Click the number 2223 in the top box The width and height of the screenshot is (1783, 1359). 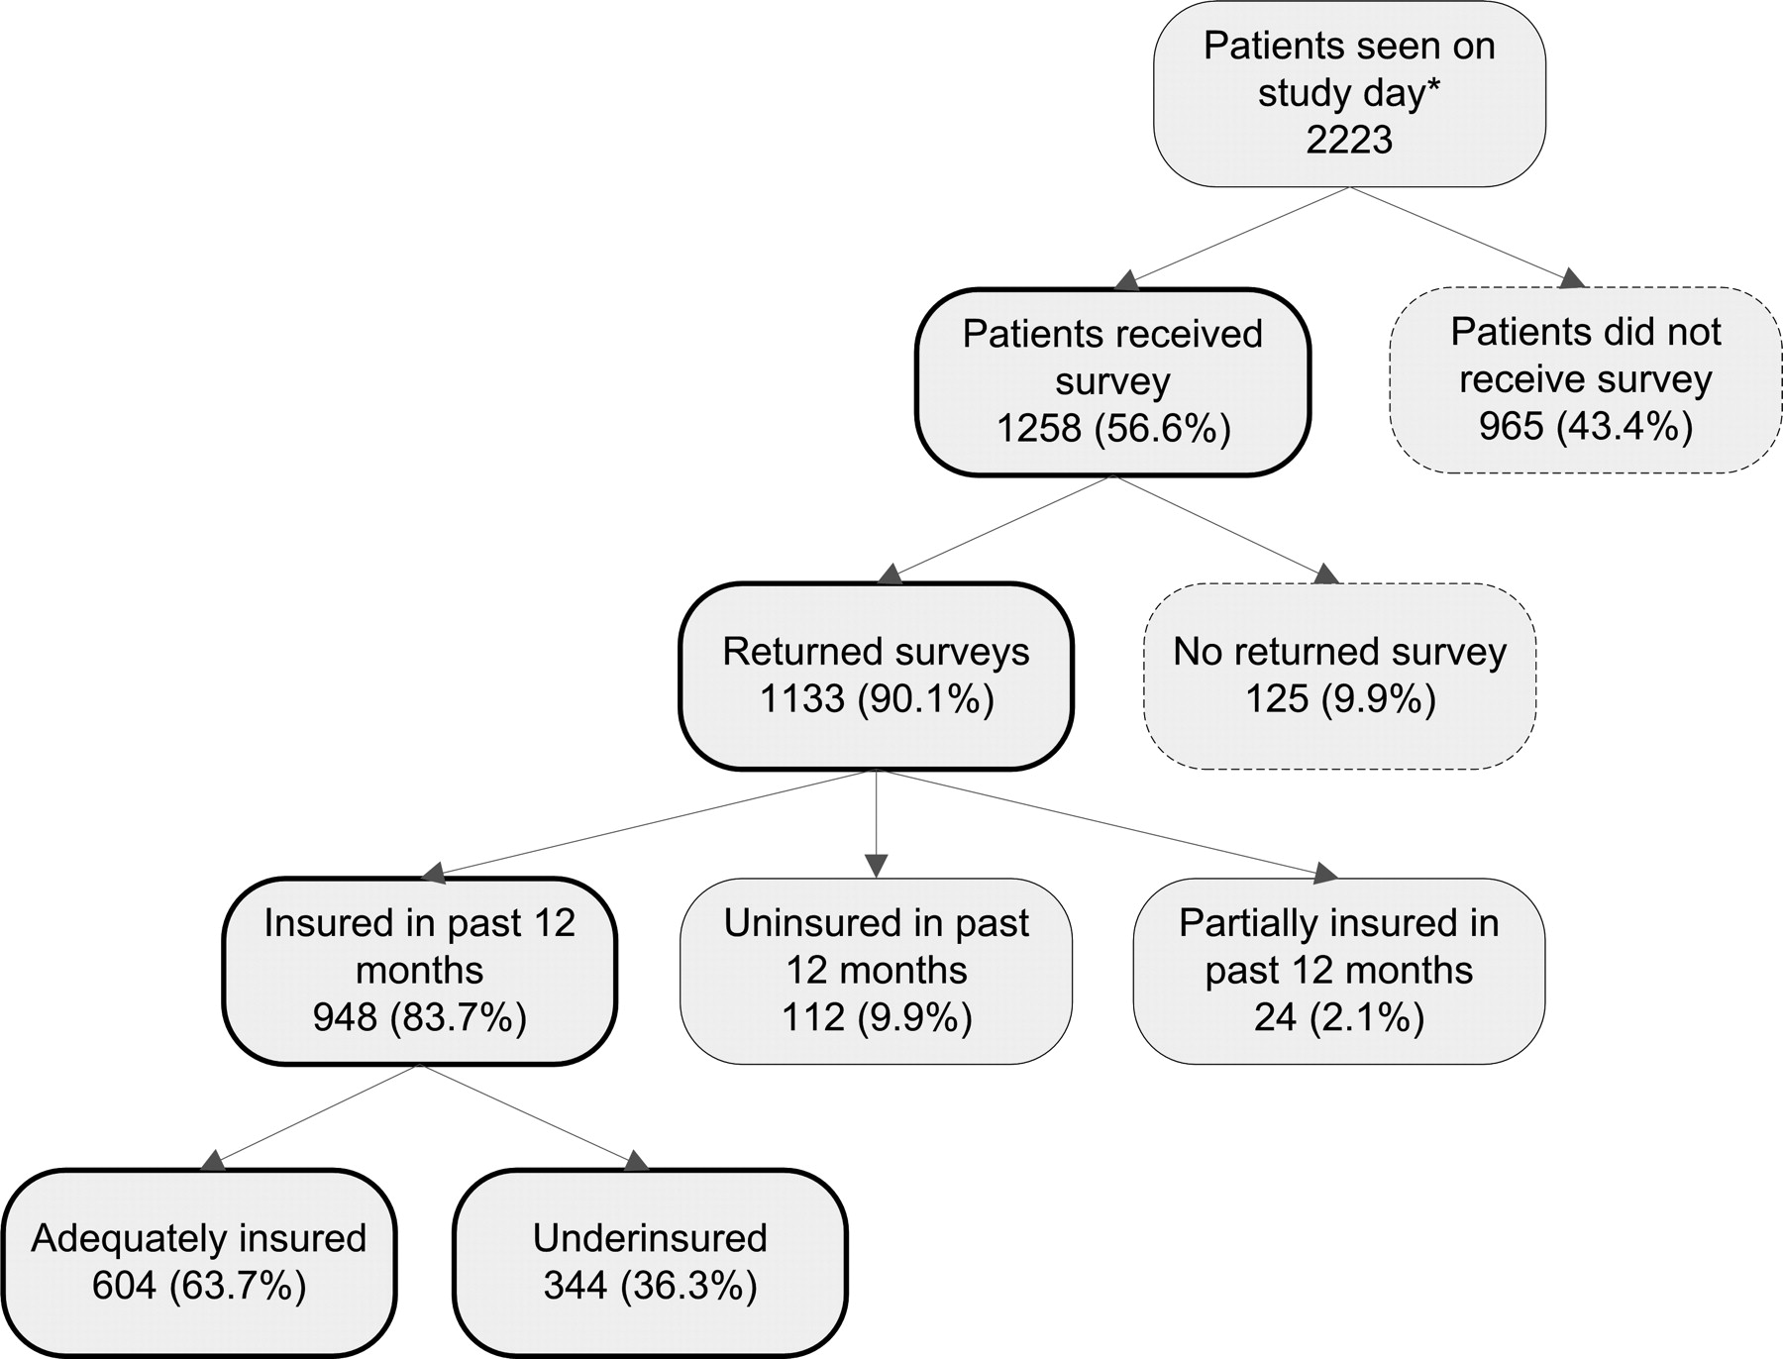click(x=1349, y=139)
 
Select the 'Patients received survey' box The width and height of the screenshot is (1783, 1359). click(x=1113, y=382)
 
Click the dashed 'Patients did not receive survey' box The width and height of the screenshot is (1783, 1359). click(x=1586, y=380)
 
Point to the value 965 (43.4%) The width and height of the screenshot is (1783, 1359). click(x=1586, y=426)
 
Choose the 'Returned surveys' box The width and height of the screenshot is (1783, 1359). click(x=877, y=676)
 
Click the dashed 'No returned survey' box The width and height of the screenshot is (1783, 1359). click(x=1340, y=676)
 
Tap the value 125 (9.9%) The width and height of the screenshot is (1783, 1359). click(x=1340, y=699)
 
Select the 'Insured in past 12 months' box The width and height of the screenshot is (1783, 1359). click(x=420, y=971)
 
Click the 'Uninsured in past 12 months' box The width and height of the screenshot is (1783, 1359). click(x=877, y=971)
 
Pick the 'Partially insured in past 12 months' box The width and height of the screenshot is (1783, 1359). click(x=1339, y=971)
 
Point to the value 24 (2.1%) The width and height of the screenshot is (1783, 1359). click(x=1339, y=1017)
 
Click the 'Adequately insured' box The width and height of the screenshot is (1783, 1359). click(x=199, y=1263)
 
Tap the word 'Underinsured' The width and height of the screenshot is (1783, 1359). click(x=650, y=1238)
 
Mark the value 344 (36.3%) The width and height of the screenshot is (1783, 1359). click(x=650, y=1286)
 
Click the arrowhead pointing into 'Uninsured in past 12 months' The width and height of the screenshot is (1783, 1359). click(x=877, y=867)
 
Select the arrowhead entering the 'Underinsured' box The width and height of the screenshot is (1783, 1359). click(x=636, y=1160)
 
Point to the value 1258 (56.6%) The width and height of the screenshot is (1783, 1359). click(x=1113, y=429)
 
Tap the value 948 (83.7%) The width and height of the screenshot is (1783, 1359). click(x=420, y=1017)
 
